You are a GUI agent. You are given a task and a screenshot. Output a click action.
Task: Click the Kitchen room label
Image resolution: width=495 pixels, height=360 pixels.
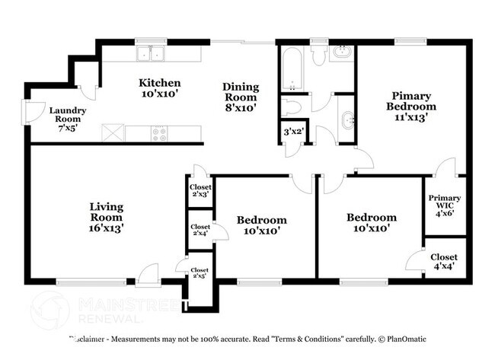(158, 88)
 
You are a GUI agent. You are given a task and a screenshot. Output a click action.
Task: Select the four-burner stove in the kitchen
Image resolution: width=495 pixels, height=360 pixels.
(160, 133)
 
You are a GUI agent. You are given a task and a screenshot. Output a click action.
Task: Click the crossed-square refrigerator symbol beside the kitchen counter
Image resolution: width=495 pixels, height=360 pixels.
(113, 133)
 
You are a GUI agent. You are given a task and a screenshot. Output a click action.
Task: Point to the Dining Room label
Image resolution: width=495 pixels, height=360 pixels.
(240, 97)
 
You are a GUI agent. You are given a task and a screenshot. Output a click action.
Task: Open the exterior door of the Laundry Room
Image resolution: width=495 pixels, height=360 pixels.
(33, 113)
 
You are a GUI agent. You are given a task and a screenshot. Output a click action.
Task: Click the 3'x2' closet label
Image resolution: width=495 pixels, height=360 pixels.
(292, 131)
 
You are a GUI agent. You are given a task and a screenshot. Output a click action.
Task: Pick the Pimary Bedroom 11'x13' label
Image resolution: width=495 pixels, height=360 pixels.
(411, 107)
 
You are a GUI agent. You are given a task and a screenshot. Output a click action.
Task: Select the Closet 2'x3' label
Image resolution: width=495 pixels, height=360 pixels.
(200, 190)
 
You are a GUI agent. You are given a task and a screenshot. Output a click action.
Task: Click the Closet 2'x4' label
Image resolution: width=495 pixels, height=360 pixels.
(200, 231)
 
